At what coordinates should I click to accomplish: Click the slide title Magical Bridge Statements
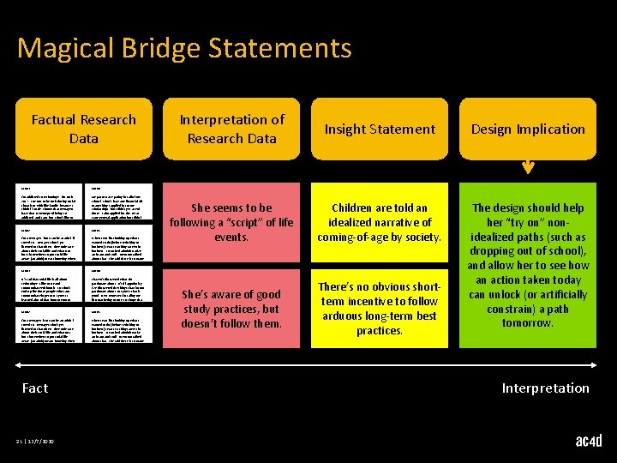pyautogui.click(x=184, y=48)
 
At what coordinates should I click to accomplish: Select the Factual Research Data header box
pyautogui.click(x=83, y=129)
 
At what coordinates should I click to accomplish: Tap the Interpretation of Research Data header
pyautogui.click(x=231, y=129)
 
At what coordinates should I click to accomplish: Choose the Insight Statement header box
pyautogui.click(x=379, y=129)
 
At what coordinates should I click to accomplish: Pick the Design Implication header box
pyautogui.click(x=528, y=129)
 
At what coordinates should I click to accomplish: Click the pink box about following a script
pyautogui.click(x=231, y=222)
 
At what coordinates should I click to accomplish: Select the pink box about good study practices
pyautogui.click(x=231, y=309)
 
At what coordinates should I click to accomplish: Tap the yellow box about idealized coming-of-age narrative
pyautogui.click(x=379, y=222)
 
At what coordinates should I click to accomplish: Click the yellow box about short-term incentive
pyautogui.click(x=379, y=309)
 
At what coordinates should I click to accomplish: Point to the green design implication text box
pyautogui.click(x=528, y=265)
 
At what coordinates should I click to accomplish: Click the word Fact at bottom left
pyautogui.click(x=35, y=388)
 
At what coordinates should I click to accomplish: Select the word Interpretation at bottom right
pyautogui.click(x=546, y=388)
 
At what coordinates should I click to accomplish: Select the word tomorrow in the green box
pyautogui.click(x=528, y=323)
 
